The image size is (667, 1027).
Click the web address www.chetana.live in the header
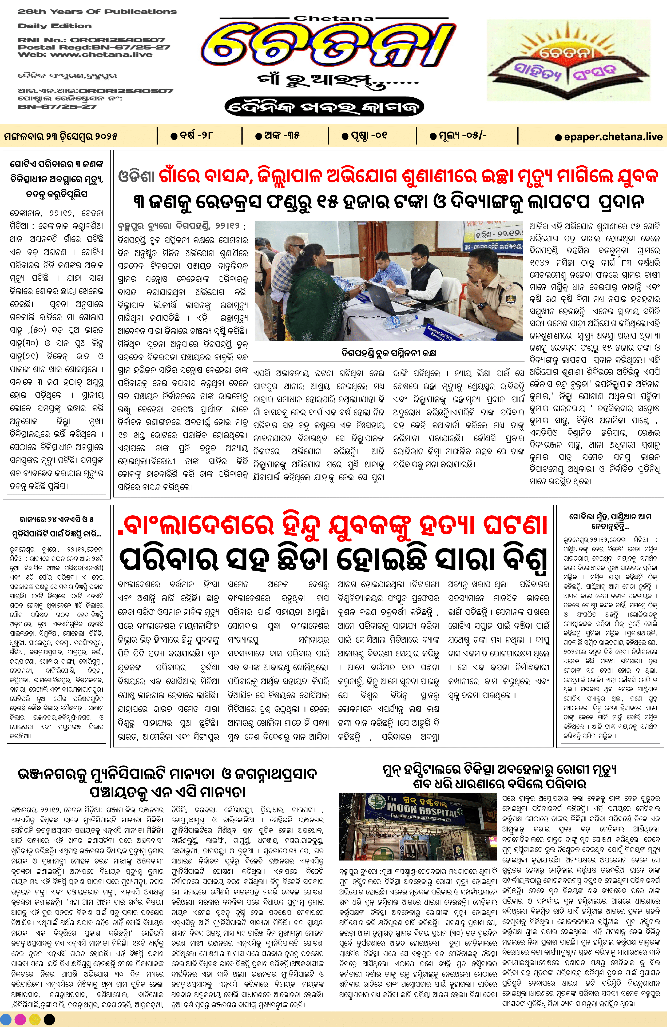tap(101, 54)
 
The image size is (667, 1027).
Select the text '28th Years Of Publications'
tap(97, 12)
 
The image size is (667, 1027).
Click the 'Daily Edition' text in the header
tap(55, 26)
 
